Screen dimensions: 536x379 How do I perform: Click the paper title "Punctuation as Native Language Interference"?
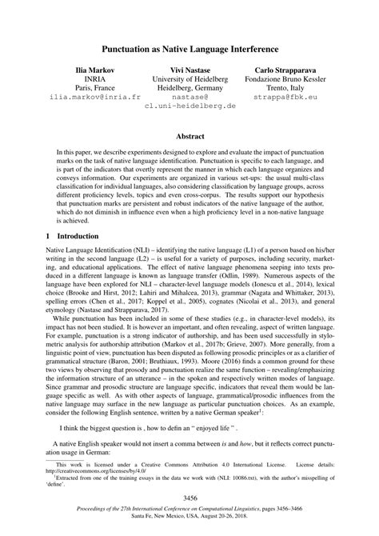[x=189, y=49]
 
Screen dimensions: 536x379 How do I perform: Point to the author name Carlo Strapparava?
[x=294, y=70]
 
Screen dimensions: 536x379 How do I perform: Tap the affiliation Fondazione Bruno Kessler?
[x=294, y=82]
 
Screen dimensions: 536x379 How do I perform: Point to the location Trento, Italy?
[x=294, y=93]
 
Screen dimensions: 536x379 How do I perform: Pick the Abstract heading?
[x=189, y=136]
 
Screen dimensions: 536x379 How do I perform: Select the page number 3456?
[x=189, y=499]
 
